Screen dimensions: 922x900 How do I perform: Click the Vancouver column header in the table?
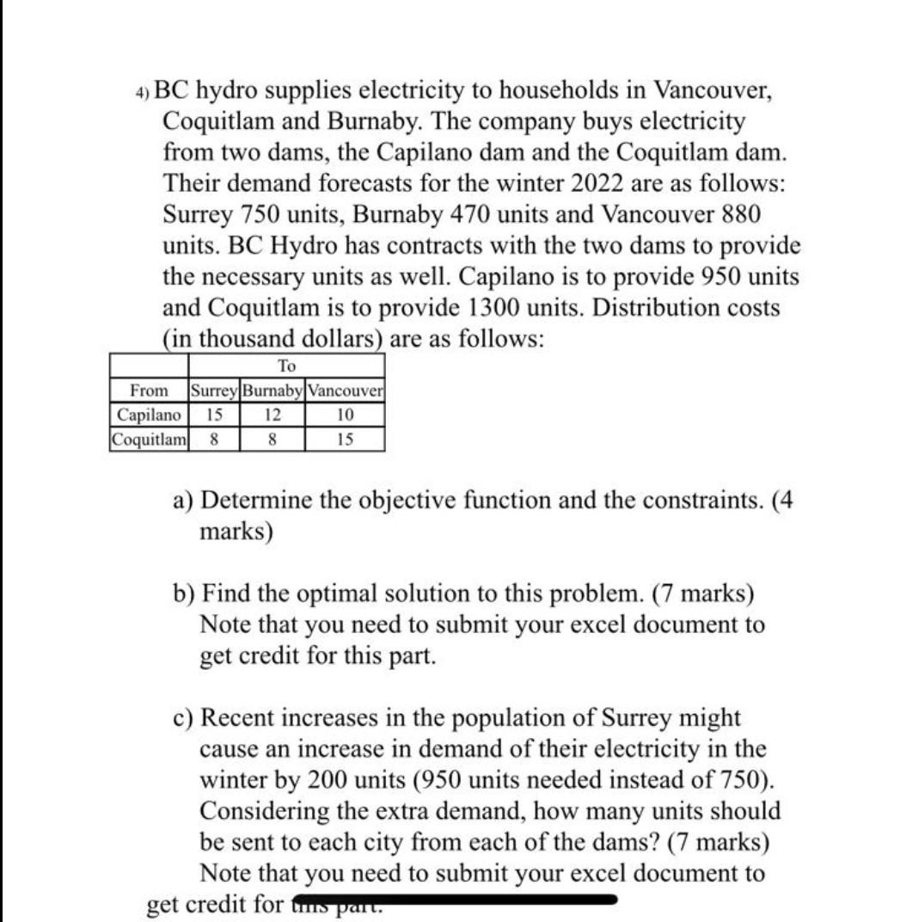[x=346, y=392]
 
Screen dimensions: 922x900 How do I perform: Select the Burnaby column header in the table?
[x=272, y=392]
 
